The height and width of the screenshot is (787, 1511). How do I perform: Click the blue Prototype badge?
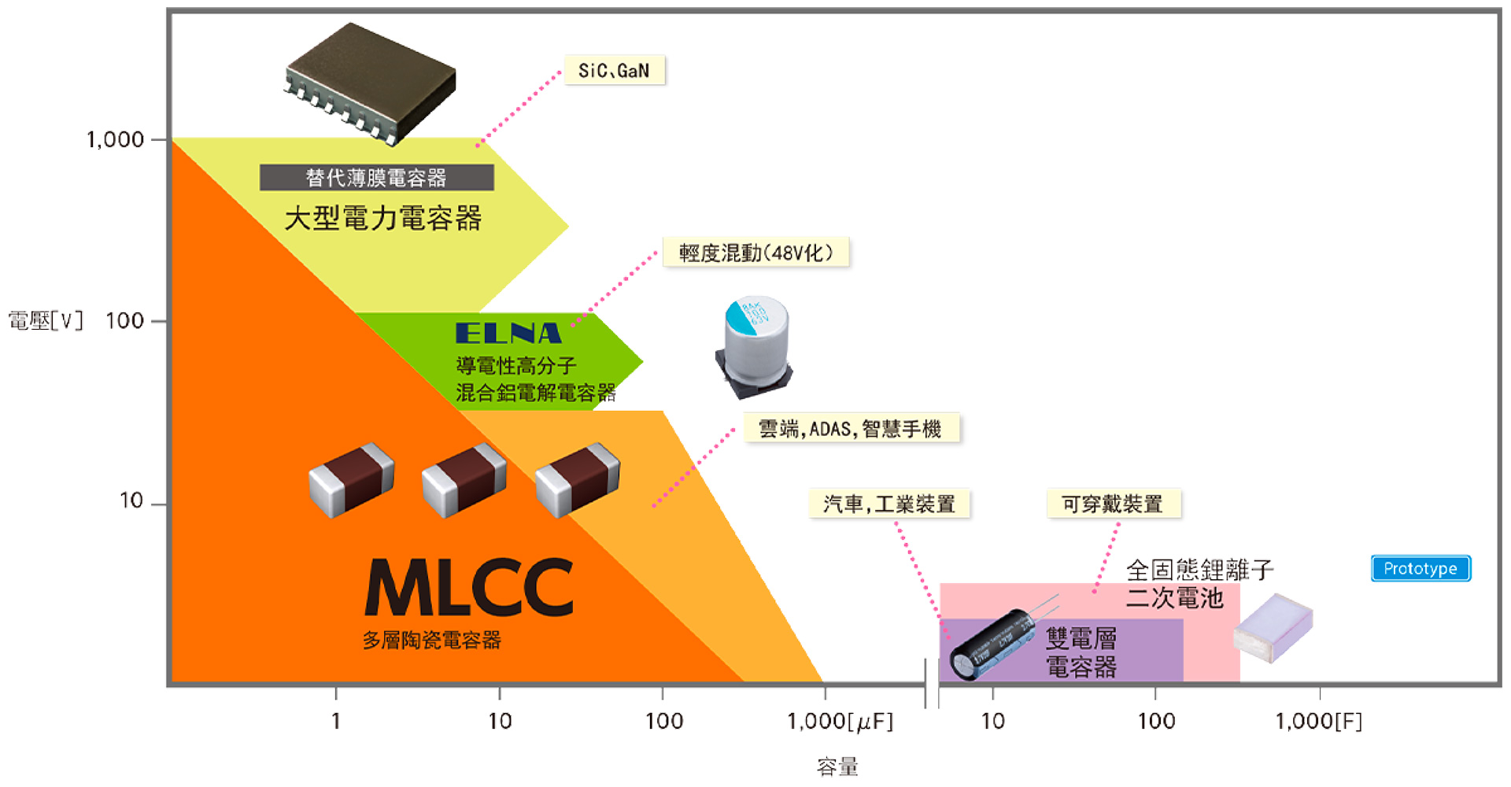(1420, 568)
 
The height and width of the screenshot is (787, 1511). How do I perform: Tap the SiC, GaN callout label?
(615, 71)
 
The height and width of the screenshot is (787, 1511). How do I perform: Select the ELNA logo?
(508, 333)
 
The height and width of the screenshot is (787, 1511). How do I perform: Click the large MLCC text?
(470, 588)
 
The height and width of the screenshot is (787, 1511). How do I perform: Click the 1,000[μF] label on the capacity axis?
(840, 721)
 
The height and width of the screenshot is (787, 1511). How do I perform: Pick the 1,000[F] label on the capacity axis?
(1319, 721)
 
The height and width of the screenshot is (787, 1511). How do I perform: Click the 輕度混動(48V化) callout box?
(755, 253)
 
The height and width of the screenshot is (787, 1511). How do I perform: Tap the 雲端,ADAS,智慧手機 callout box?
(851, 429)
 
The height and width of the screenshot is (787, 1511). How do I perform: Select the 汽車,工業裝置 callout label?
(889, 504)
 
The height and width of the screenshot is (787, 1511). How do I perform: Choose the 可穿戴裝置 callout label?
(1113, 504)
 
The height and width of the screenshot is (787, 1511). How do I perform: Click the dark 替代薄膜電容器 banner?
(376, 178)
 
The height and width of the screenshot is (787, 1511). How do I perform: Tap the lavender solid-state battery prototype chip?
(1273, 627)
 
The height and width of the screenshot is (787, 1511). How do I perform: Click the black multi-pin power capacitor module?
(370, 83)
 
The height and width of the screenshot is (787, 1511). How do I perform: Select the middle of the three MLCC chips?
(464, 479)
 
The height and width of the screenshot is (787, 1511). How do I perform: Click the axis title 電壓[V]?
(46, 321)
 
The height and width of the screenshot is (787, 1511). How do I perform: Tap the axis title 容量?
(837, 767)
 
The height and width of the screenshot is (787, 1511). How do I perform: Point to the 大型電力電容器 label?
(382, 218)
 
